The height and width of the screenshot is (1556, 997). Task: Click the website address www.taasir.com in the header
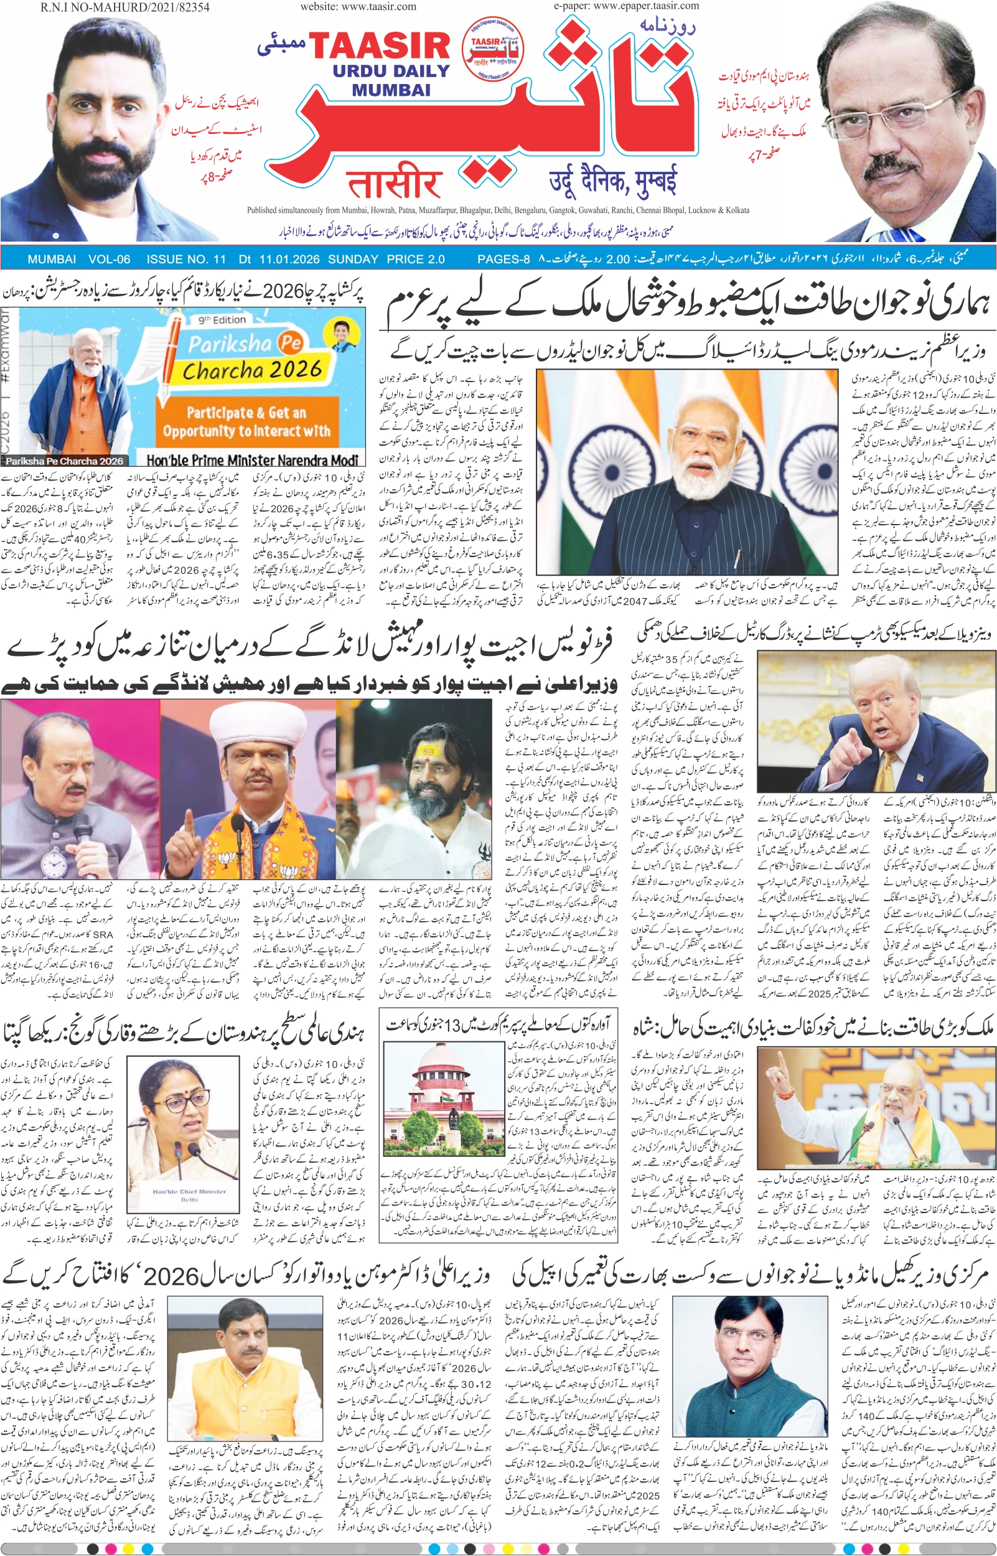click(x=358, y=6)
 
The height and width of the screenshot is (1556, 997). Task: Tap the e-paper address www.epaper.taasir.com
click(x=626, y=6)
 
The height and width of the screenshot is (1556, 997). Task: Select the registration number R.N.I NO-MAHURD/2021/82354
click(x=125, y=7)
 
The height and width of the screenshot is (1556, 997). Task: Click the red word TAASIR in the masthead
click(x=380, y=47)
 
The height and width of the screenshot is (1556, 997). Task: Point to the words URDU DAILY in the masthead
click(x=391, y=71)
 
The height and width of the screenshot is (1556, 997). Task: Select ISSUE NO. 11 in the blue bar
click(x=186, y=260)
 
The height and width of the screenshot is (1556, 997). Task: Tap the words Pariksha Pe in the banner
click(x=245, y=343)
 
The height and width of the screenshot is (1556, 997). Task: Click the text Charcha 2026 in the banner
click(x=252, y=370)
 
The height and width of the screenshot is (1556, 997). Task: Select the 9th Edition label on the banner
click(x=222, y=320)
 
